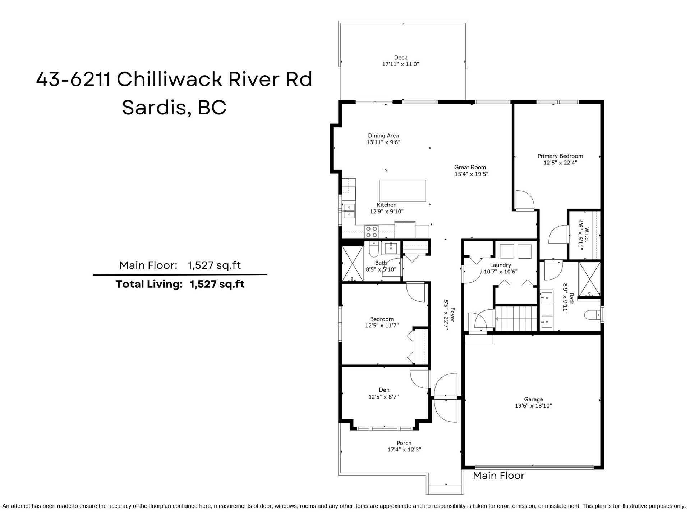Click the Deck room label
(x=400, y=58)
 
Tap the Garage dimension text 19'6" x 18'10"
(x=533, y=406)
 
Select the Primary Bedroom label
(x=560, y=156)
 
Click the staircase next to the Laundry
(x=516, y=318)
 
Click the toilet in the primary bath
(x=593, y=315)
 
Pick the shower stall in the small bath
(x=353, y=264)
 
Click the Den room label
(x=384, y=390)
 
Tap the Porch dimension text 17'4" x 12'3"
(x=404, y=450)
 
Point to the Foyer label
(x=453, y=315)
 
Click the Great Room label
(x=470, y=167)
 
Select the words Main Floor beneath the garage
(x=498, y=476)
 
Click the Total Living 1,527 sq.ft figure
(x=217, y=284)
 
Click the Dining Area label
(x=383, y=136)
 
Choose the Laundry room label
(x=500, y=265)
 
